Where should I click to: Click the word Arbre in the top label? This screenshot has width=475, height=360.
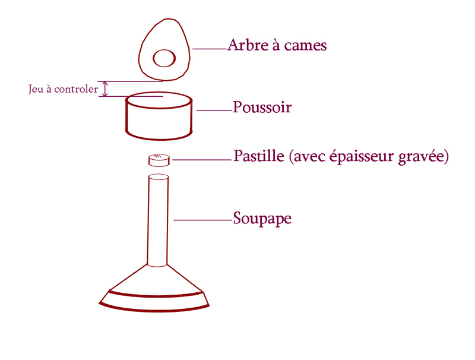(246, 45)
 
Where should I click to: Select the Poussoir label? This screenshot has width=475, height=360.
(262, 108)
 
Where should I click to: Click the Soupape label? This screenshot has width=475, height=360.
(262, 218)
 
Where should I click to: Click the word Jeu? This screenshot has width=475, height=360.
(36, 90)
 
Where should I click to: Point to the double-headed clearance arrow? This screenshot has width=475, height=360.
(106, 89)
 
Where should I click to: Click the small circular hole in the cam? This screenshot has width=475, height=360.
(164, 58)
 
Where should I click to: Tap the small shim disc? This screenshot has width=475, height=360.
(159, 160)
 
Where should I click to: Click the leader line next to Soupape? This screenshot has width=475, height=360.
(202, 220)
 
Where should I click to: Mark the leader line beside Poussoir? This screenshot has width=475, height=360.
(214, 110)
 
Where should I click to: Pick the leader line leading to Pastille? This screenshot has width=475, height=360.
(201, 159)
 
